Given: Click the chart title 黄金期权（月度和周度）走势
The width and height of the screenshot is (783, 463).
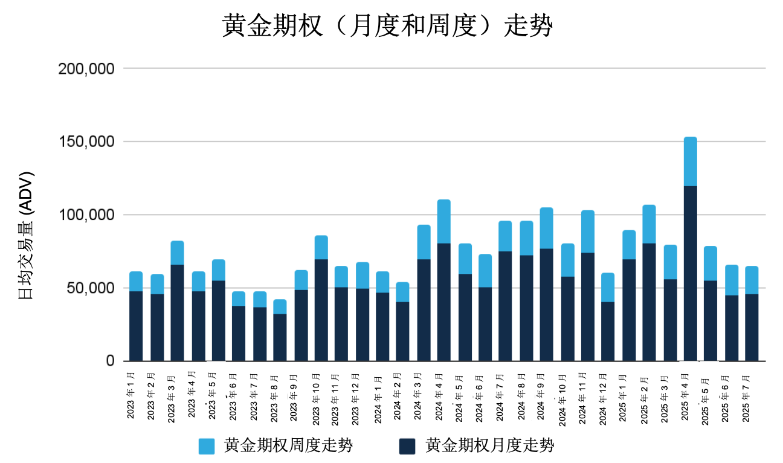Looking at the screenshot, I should point(387,27).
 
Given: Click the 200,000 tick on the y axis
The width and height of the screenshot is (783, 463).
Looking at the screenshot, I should point(86,69).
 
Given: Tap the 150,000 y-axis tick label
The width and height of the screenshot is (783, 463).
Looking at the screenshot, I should point(86,142).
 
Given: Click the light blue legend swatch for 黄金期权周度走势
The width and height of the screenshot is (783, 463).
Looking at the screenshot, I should point(207,447).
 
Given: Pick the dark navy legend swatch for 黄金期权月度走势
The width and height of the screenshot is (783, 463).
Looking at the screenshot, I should point(408,447).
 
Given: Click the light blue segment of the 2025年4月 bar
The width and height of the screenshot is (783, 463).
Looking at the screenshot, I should point(690,161).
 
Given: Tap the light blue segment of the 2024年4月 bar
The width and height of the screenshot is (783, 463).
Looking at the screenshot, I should point(444,221).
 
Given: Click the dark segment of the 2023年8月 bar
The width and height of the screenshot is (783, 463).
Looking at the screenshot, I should point(280,337).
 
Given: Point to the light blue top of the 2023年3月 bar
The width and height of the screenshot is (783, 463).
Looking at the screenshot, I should point(177,253).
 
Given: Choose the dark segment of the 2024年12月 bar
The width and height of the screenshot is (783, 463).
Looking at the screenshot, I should point(608,331).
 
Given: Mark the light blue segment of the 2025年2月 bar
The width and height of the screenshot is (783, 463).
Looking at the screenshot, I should point(649,224).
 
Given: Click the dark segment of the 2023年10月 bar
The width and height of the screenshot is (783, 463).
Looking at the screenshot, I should point(321,310).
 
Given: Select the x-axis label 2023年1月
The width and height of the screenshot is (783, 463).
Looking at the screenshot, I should point(132,397).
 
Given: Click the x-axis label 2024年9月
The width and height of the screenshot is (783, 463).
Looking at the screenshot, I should point(542,399).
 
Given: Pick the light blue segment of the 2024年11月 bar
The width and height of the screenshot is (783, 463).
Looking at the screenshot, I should point(587,231).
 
